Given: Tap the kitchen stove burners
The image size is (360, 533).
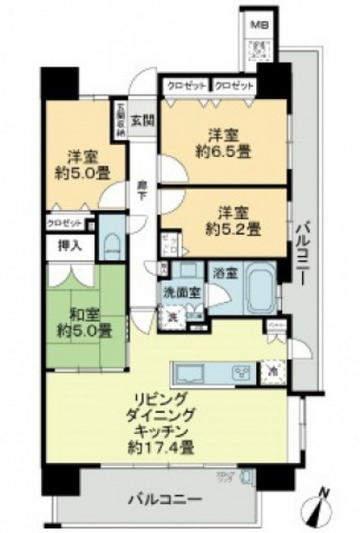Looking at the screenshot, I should click(242, 373).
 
